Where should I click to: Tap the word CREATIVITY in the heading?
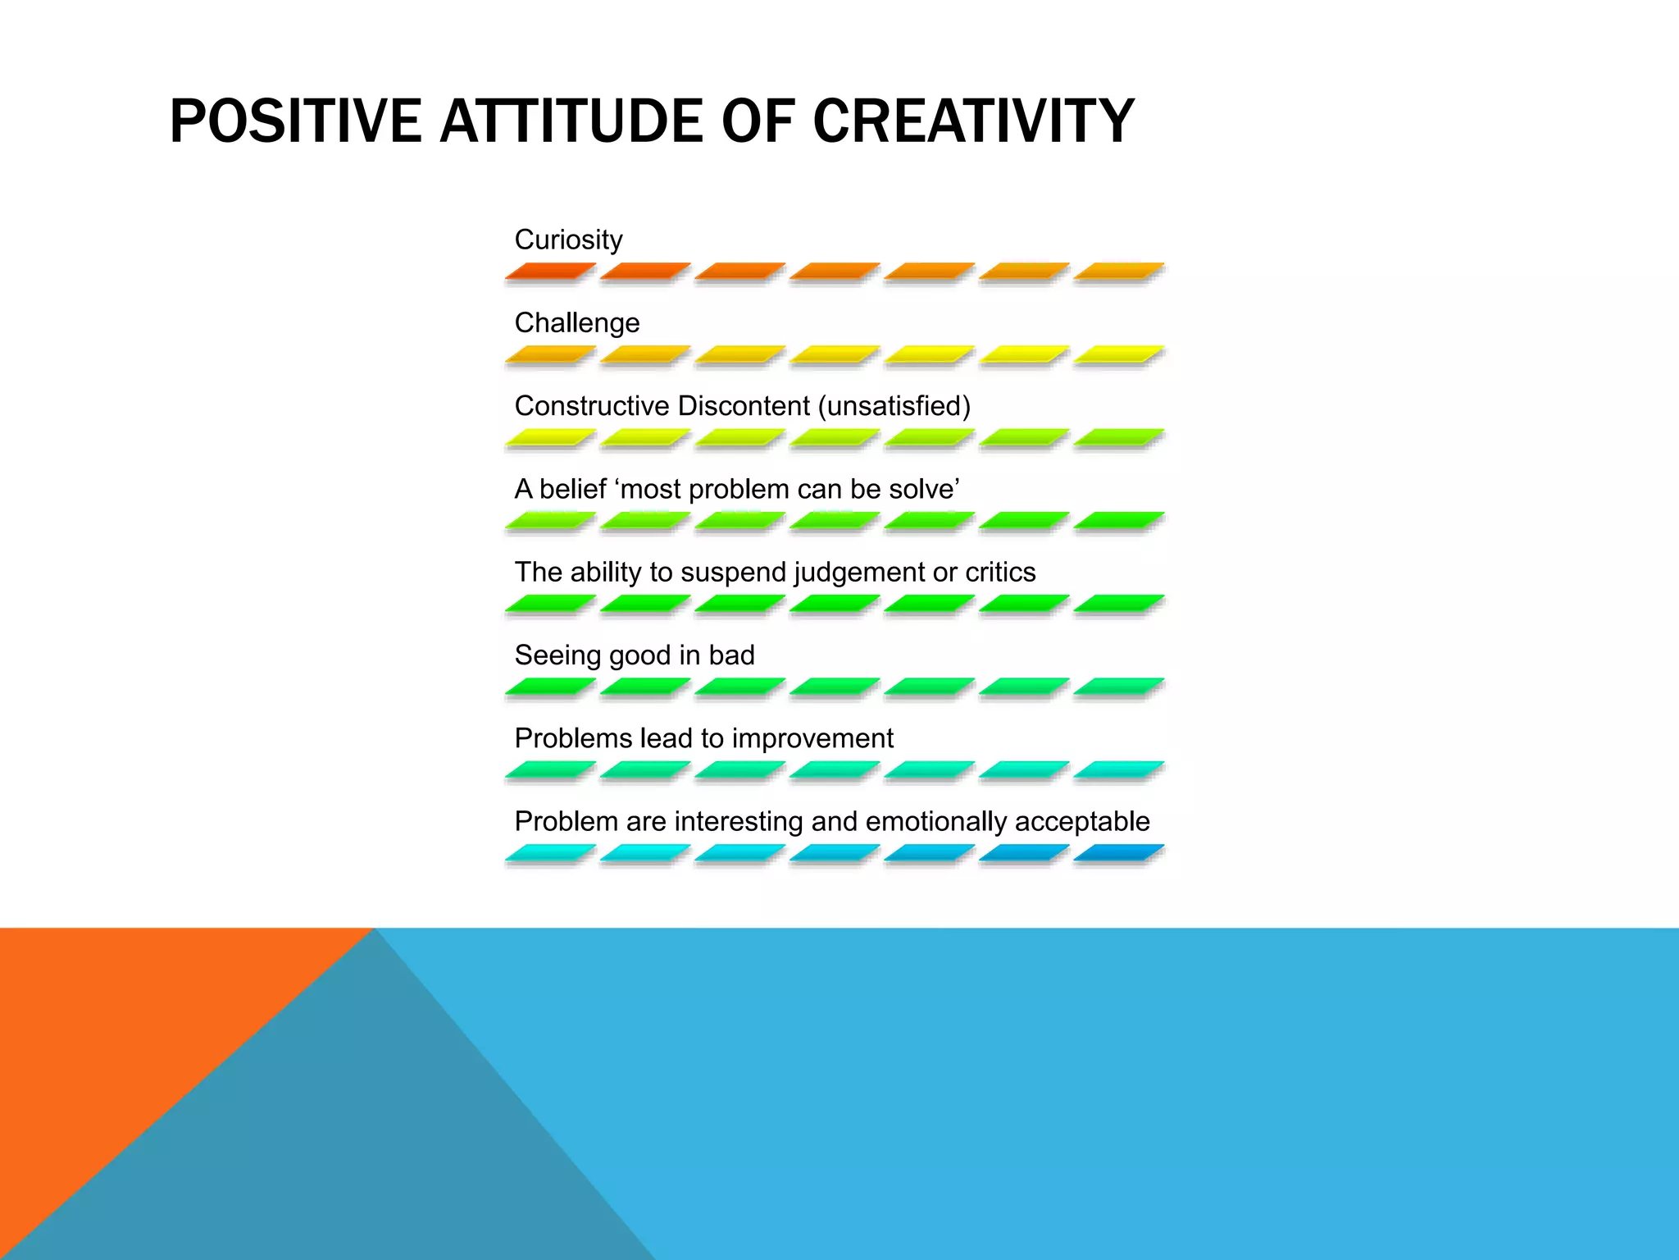973,121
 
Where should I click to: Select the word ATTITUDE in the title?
572,121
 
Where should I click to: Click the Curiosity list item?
568,240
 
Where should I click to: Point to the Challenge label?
576,323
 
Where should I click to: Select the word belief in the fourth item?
572,489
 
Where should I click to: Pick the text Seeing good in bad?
634,655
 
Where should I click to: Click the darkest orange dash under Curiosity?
550,271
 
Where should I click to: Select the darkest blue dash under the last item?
1118,853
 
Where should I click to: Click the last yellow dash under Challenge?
1118,354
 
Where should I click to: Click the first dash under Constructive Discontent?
550,437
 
